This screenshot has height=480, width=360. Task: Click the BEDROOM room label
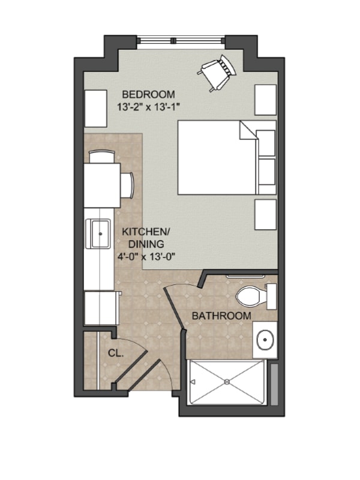(148, 94)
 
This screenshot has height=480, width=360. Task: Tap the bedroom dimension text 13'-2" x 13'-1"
(148, 107)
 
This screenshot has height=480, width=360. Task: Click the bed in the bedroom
(227, 157)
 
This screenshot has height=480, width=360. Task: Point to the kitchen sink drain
(100, 233)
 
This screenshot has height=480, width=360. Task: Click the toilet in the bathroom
(256, 296)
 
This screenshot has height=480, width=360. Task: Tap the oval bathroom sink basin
(265, 340)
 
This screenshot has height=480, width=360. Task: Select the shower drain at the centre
(227, 382)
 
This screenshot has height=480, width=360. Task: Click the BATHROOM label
(221, 316)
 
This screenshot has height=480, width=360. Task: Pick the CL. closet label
(116, 353)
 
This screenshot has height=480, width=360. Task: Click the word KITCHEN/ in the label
(146, 232)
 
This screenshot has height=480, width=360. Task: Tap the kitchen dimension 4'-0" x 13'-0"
(146, 256)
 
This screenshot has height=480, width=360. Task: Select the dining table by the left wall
(102, 185)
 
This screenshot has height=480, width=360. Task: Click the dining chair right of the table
(127, 185)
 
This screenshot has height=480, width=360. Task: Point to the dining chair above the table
(102, 157)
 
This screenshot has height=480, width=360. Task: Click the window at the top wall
(181, 40)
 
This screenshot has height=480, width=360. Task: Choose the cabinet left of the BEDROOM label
(95, 109)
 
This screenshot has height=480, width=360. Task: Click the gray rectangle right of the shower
(275, 384)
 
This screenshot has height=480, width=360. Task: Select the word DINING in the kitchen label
(146, 244)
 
